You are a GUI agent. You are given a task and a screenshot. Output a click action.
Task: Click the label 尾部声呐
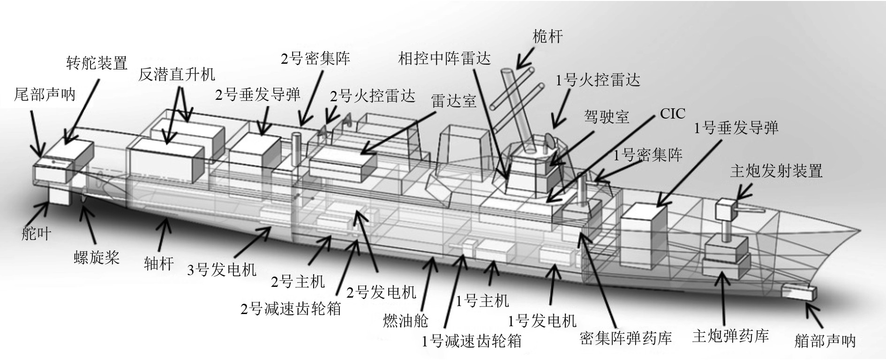45,94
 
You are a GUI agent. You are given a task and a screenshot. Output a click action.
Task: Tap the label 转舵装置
97,63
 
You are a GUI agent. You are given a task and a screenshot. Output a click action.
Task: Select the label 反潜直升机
177,75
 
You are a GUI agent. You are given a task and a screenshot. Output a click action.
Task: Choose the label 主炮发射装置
776,171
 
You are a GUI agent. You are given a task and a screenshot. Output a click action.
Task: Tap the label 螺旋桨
97,257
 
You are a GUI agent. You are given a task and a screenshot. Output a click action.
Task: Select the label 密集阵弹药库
626,338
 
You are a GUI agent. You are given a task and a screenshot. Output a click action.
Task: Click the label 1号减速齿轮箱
472,341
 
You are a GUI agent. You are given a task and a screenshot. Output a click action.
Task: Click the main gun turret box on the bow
726,209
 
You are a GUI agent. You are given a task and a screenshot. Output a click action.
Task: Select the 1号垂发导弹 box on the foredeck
643,224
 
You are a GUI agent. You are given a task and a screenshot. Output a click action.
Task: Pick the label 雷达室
454,101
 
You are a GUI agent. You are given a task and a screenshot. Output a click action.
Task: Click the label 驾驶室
607,116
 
